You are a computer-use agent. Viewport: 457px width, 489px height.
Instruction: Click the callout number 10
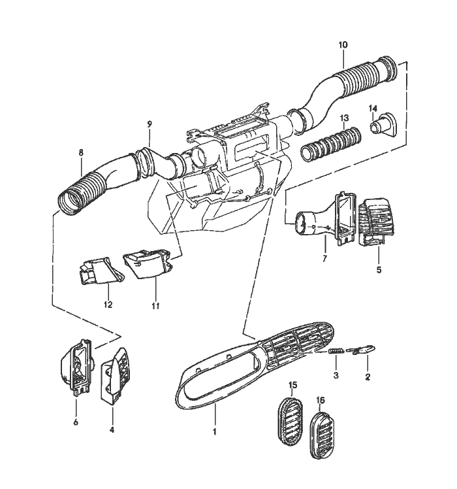(x=343, y=45)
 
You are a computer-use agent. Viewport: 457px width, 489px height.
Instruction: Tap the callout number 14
(x=373, y=108)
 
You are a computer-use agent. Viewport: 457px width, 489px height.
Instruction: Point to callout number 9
(x=150, y=124)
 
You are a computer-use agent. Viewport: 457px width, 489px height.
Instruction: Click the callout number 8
(x=81, y=153)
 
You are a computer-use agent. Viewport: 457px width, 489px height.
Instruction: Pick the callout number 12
(x=108, y=305)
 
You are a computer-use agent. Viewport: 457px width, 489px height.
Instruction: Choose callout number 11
(x=155, y=304)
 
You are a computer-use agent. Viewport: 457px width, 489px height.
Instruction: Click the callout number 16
(x=320, y=399)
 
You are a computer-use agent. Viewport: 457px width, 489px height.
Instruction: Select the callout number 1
(x=215, y=432)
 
